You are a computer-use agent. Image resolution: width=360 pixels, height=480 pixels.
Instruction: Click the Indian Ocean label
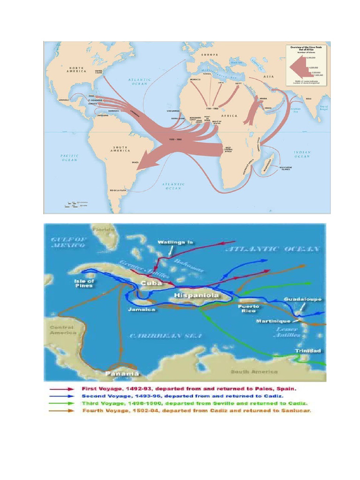[302, 154]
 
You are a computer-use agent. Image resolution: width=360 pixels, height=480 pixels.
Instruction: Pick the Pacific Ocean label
[69, 157]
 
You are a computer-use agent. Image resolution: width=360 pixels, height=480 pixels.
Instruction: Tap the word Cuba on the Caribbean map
[151, 283]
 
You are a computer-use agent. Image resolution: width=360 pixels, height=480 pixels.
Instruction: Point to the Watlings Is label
[175, 242]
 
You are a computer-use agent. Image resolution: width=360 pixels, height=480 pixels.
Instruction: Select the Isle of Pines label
[84, 284]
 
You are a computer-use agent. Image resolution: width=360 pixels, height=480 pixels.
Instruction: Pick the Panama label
[122, 373]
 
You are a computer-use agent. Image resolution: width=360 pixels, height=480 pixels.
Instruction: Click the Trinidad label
[308, 351]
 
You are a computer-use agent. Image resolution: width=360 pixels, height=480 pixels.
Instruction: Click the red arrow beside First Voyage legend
[61, 389]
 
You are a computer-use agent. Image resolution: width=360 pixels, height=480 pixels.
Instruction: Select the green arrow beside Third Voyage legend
[61, 403]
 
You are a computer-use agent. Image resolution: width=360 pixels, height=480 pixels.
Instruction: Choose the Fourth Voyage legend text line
[197, 411]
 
